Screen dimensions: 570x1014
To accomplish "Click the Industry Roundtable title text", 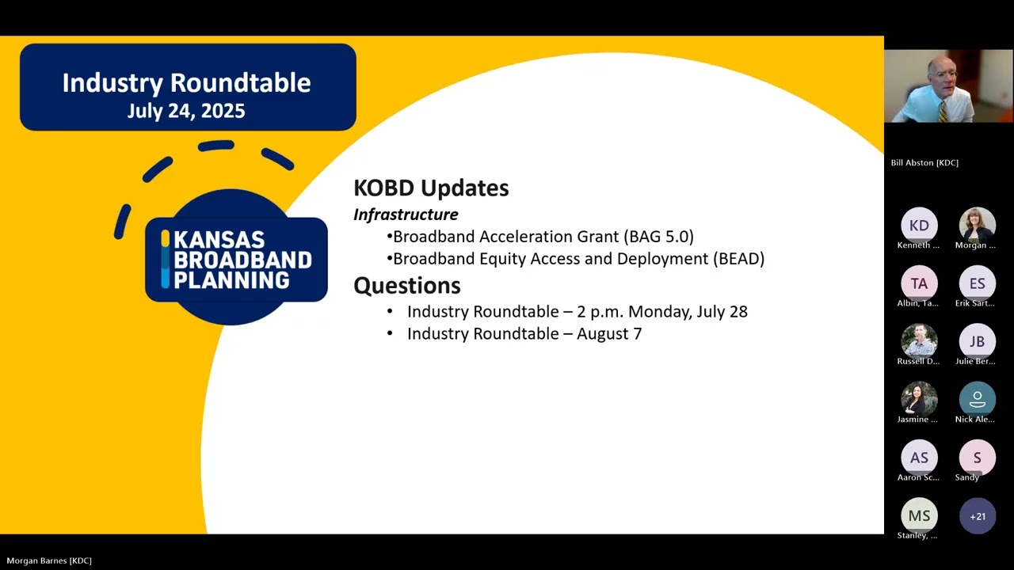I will (186, 82).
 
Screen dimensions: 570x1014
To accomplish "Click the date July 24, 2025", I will (186, 111).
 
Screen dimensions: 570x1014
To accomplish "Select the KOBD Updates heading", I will (431, 188).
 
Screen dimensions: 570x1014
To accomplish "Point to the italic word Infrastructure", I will (406, 215).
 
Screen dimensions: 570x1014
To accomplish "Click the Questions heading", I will (406, 285).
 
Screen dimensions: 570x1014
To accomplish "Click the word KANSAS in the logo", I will (219, 240).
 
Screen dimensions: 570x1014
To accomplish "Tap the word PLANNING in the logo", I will (231, 279).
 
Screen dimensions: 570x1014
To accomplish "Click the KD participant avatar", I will (919, 226).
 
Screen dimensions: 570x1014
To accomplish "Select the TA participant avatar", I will (919, 283).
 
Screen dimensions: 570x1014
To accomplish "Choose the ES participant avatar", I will (978, 283).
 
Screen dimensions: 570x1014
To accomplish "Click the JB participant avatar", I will (978, 341).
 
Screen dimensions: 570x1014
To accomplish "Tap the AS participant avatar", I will (919, 458).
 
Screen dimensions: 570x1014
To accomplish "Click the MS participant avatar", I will (919, 515).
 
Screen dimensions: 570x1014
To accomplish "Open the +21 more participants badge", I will (978, 516).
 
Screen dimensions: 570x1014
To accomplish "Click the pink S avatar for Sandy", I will (978, 458).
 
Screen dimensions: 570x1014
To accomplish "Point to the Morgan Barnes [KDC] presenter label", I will (49, 560).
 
